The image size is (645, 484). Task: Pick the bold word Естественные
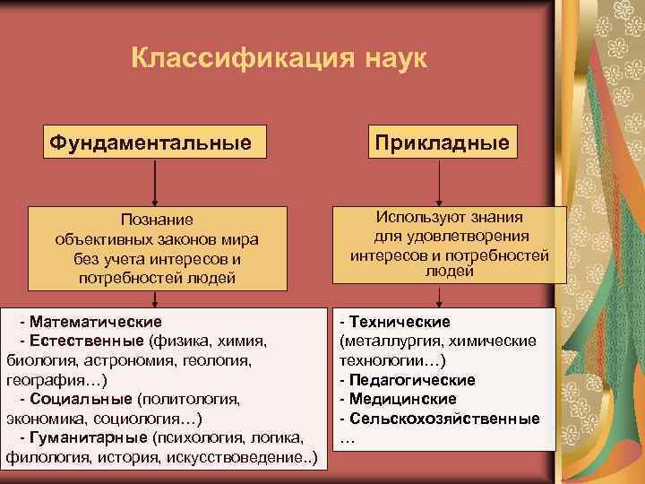coord(86,341)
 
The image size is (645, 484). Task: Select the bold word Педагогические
coord(411,380)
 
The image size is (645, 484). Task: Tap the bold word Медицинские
coord(402,399)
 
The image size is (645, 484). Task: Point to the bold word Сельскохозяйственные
coord(444,419)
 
